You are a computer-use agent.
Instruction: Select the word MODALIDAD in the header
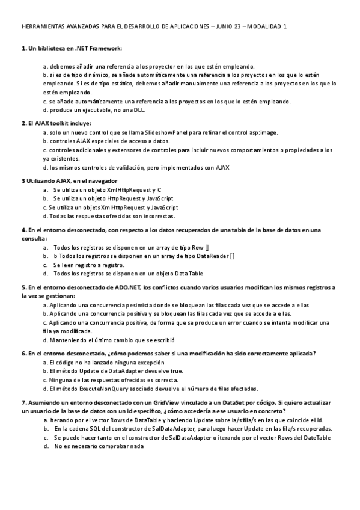(267, 27)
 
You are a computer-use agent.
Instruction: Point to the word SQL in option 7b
(96, 429)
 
